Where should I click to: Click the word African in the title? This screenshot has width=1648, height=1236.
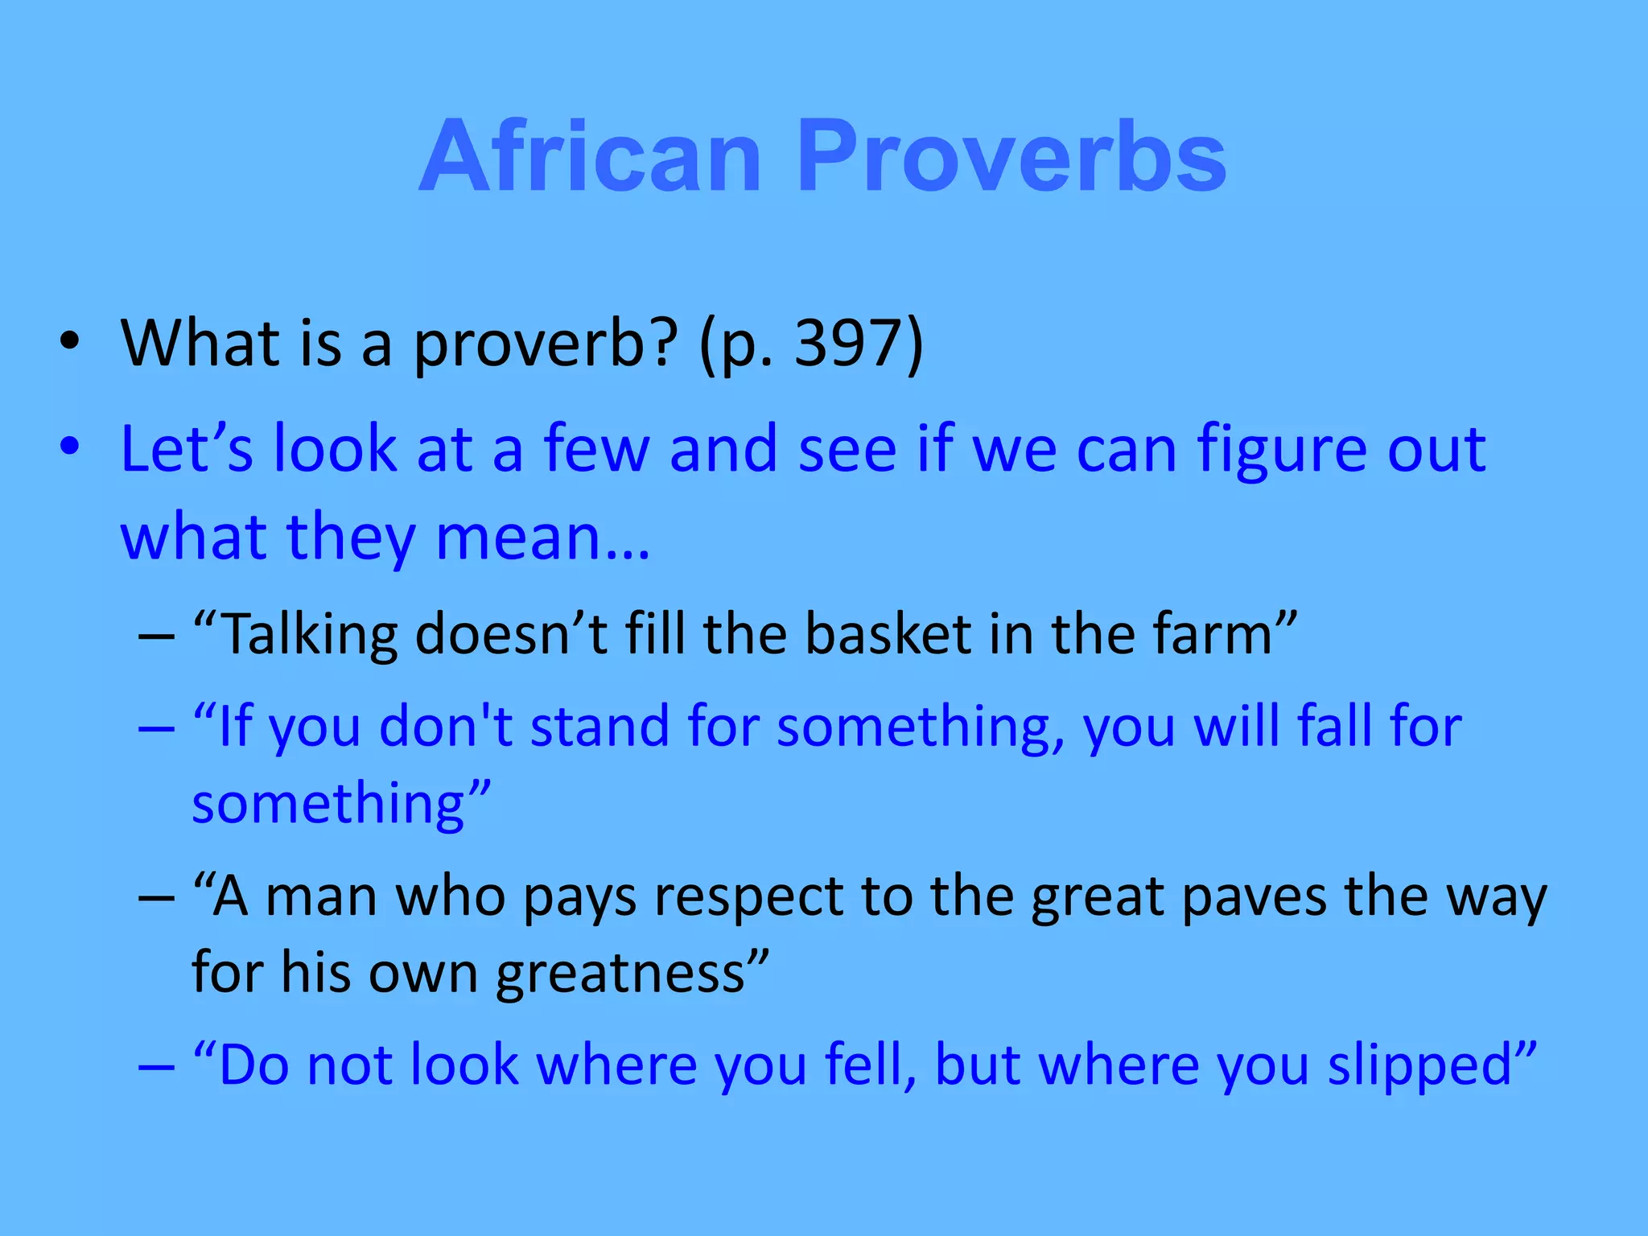(590, 157)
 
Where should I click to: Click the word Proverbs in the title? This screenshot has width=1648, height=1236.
(1012, 157)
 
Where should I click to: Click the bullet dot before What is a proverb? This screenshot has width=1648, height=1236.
(70, 341)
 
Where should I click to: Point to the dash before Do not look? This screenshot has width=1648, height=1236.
(156, 1067)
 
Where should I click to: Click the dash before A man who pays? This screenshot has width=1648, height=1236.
(156, 898)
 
